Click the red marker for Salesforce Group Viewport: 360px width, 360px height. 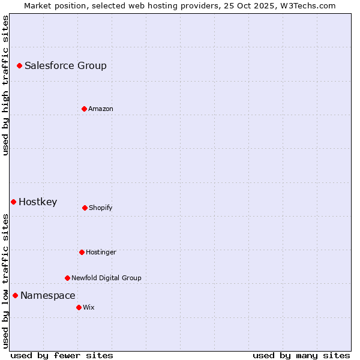19,65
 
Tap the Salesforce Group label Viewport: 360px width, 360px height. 65,66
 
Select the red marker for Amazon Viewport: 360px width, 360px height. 84,109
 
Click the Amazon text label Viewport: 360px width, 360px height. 101,109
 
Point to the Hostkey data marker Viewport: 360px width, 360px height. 13,202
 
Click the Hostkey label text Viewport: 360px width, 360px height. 38,202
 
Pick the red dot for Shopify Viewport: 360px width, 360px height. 85,208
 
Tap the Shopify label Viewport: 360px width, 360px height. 101,208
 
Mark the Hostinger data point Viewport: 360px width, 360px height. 82,252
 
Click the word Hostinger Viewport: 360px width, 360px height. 101,253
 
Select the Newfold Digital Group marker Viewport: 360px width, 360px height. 67,278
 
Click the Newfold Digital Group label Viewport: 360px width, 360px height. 106,278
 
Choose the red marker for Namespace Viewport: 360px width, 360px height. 15,295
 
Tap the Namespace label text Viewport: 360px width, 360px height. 48,296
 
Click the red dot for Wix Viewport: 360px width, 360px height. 79,307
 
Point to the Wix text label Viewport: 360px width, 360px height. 89,308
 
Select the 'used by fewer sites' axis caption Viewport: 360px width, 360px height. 62,355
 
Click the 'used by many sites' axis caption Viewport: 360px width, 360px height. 301,355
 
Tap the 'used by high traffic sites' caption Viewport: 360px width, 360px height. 6,85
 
